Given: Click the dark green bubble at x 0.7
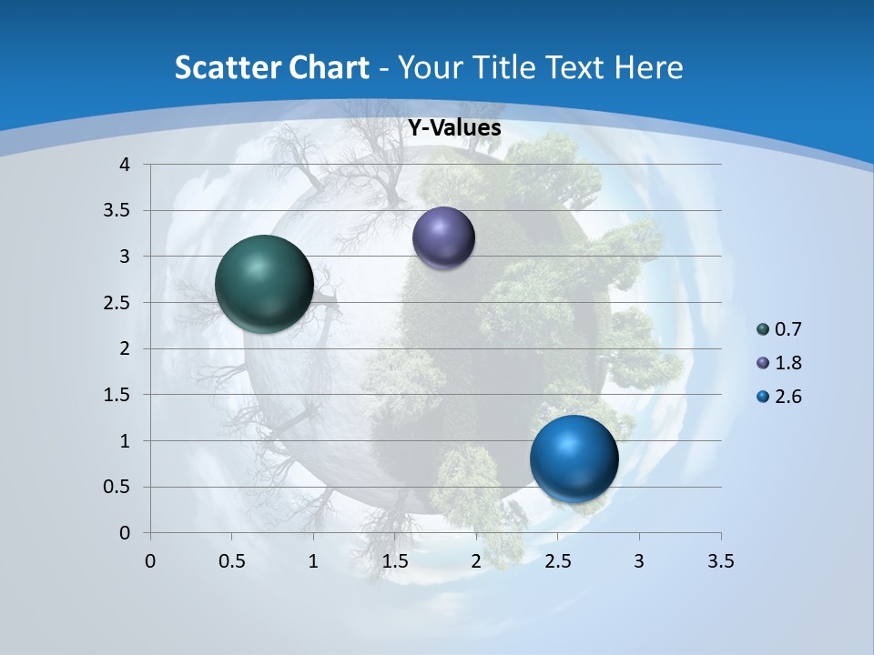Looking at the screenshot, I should tap(264, 284).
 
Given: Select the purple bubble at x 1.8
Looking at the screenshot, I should tap(443, 237).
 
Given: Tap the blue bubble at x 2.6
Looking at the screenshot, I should tap(574, 458).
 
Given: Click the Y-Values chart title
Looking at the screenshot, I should tap(454, 128).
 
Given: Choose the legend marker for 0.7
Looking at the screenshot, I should tap(763, 329).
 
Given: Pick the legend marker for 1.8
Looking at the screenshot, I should tap(763, 363).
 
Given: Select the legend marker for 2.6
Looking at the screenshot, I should tap(763, 397).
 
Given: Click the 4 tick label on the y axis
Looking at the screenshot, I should tap(125, 165).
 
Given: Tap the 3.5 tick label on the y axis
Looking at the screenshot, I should tap(117, 211).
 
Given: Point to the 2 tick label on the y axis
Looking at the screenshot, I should tap(125, 348).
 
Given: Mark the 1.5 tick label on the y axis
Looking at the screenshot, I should tap(117, 395).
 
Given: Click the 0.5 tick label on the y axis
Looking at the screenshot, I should tap(117, 487).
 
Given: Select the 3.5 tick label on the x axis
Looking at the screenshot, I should tap(720, 561).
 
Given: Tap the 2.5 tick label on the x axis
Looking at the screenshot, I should tap(557, 561).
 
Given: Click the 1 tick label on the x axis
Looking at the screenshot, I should tap(313, 561).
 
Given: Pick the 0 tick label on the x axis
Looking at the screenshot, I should tap(150, 561).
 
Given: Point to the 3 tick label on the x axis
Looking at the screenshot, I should tap(639, 561).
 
